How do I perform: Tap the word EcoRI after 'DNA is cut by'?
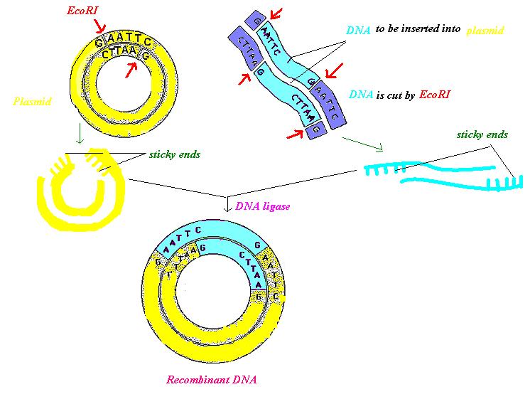[x=434, y=94]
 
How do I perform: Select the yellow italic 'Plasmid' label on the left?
[x=32, y=101]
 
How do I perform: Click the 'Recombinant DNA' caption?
[x=211, y=380]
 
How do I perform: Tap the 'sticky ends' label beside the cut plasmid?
[x=175, y=155]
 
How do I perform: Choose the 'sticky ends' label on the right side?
[x=482, y=134]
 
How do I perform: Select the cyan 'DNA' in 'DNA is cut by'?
[x=359, y=94]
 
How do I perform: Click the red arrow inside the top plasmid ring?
[x=131, y=69]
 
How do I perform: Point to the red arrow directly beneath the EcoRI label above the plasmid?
[x=99, y=26]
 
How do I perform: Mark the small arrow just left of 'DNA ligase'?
[x=227, y=205]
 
